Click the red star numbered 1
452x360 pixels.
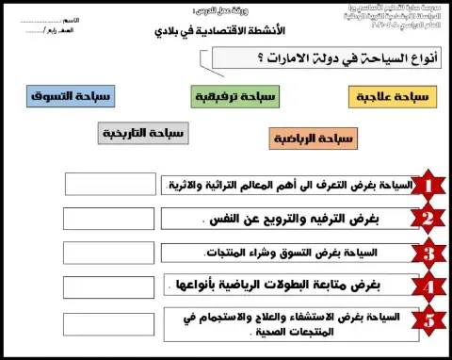[x=429, y=185]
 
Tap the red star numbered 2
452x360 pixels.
[x=429, y=219]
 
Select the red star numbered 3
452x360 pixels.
[x=429, y=253]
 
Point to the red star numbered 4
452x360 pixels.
[x=429, y=286]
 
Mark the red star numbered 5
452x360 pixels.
[x=429, y=321]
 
